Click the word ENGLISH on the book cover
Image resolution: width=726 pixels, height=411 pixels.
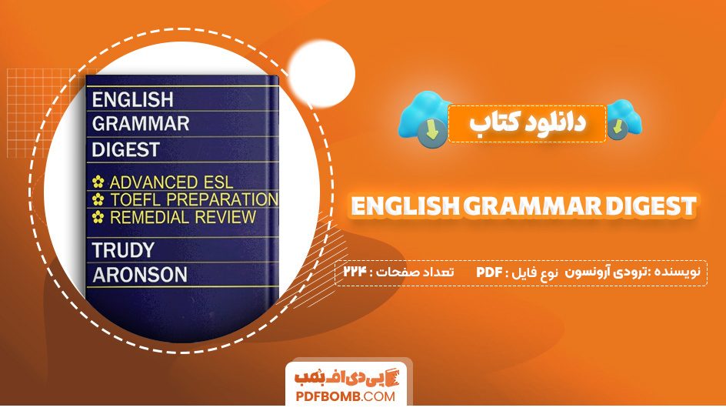pos(132,99)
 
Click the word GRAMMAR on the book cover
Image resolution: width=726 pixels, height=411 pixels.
pos(140,123)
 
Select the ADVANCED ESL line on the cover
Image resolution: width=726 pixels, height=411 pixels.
pos(171,183)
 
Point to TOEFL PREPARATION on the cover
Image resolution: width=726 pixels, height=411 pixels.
pos(193,200)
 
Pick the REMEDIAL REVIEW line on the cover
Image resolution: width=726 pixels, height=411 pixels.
pos(182,217)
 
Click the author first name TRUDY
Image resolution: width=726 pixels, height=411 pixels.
pos(123,250)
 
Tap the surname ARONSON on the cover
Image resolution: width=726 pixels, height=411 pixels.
pos(139,274)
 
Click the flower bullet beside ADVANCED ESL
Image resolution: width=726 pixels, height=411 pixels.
pos(98,183)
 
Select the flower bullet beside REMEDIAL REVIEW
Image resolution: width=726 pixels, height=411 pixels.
pos(98,218)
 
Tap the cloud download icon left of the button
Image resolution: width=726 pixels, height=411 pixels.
pos(424,119)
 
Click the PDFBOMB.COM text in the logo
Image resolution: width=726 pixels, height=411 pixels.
pos(345,396)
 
